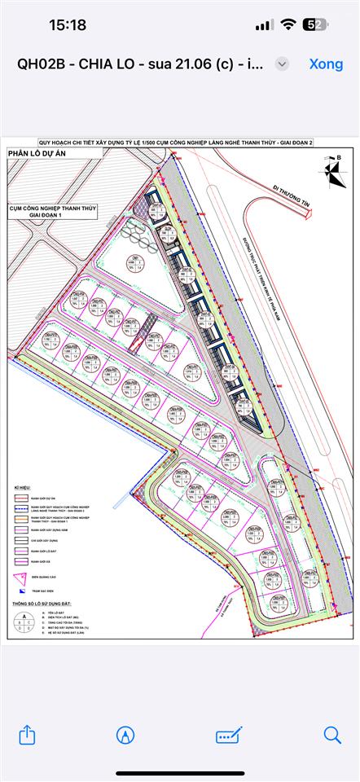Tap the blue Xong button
point(326,64)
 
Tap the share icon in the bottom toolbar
point(28,735)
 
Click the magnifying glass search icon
point(332,735)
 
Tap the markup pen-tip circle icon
point(125,735)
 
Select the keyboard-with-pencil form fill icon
point(229,735)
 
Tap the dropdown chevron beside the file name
point(282,64)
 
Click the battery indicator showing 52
point(314,25)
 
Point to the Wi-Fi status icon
point(288,25)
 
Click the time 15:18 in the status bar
point(68,25)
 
